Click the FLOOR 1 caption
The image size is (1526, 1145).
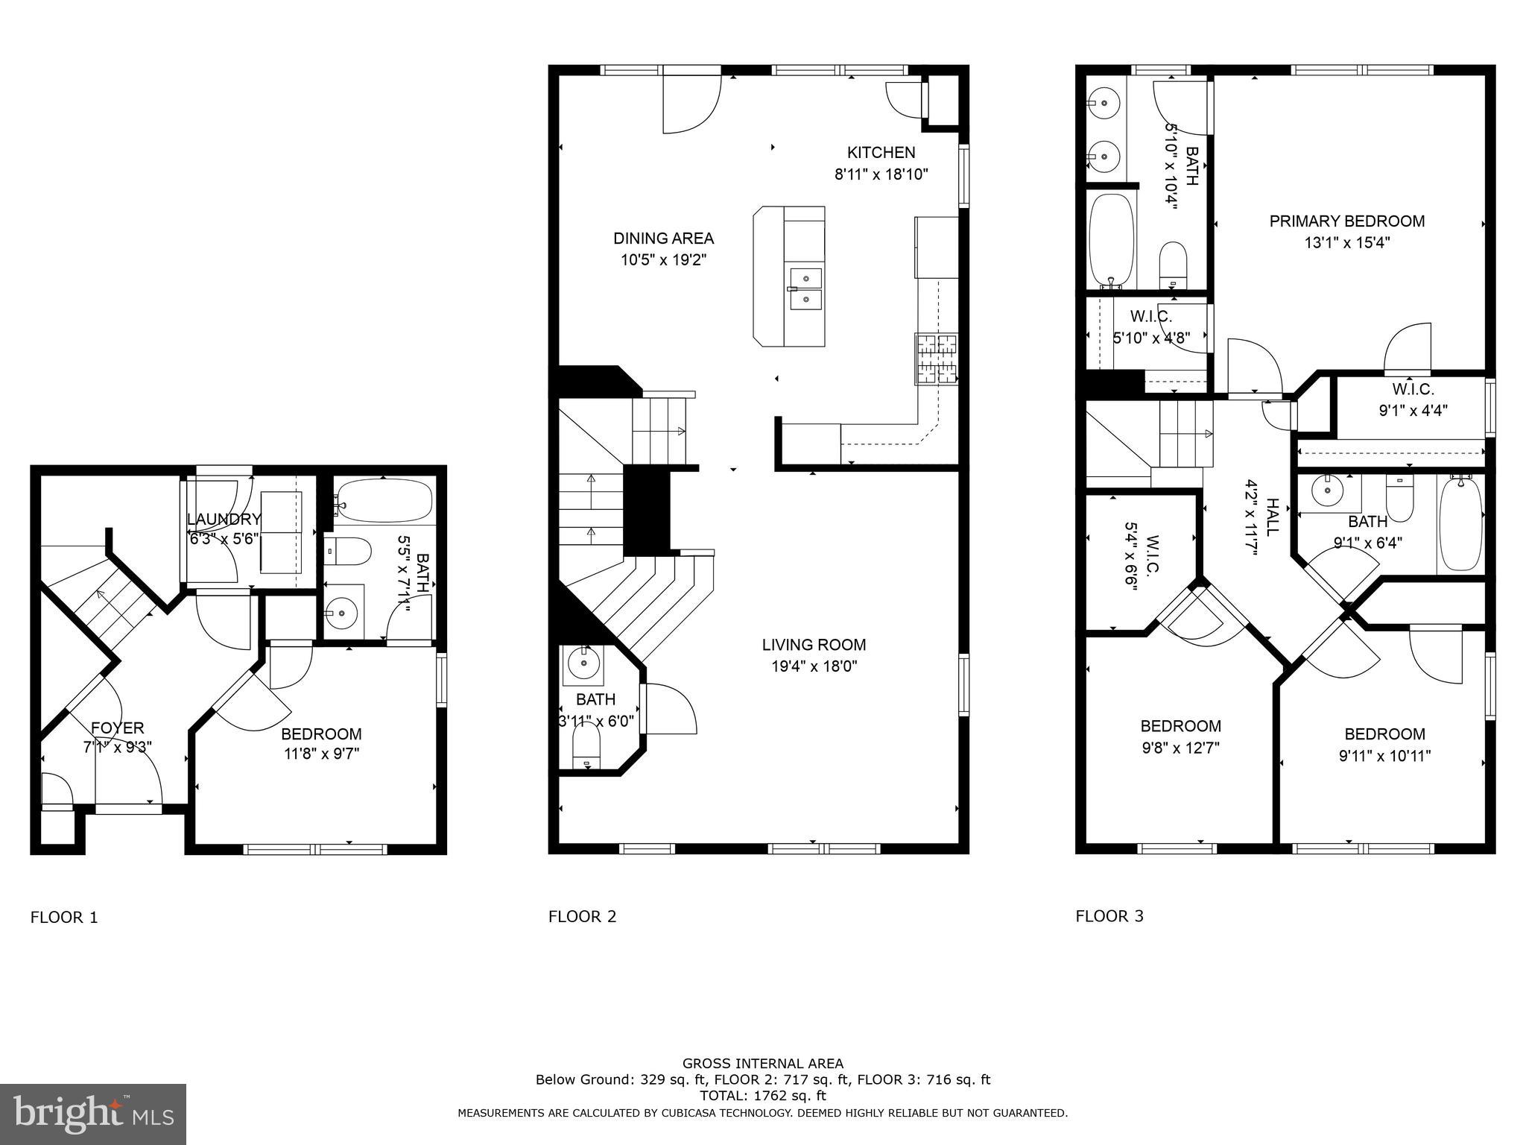pos(64,918)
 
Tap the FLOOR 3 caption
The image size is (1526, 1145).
pos(1109,916)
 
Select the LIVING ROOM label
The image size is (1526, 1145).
pos(814,645)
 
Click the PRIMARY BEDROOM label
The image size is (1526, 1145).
pos(1346,221)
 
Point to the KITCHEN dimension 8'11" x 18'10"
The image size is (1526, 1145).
pos(881,175)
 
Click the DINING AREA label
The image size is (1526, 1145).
pos(663,239)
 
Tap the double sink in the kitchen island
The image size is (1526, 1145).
pos(805,289)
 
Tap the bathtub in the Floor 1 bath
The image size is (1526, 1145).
pos(384,500)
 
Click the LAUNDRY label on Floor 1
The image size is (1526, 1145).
pos(224,520)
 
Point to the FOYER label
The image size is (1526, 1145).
pos(117,728)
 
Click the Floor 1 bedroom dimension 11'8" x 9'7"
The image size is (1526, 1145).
pos(321,754)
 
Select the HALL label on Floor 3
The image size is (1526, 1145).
pos(1272,517)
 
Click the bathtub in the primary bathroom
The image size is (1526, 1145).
pos(1111,241)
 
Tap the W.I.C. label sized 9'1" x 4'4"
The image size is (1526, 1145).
pos(1413,389)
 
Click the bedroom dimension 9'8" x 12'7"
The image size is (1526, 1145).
pos(1180,748)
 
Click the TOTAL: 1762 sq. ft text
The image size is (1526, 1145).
pos(762,1096)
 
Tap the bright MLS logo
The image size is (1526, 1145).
pos(93,1114)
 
